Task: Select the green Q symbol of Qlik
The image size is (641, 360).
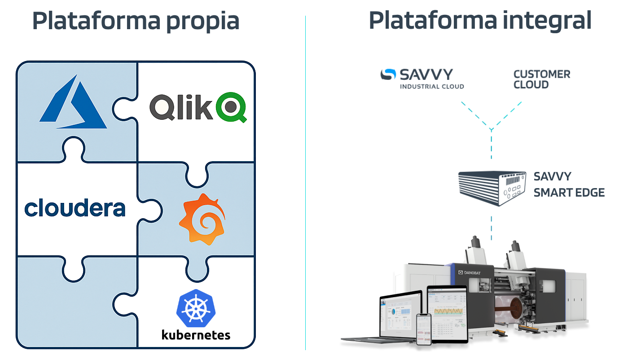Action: pos(231,108)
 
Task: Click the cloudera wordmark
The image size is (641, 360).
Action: pos(75,208)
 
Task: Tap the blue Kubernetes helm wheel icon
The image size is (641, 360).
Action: pos(196,308)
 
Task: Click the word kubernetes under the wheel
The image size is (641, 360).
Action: pos(196,334)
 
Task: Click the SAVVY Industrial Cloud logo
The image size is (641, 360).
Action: pos(422,79)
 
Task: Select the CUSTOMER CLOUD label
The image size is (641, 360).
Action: pos(541,79)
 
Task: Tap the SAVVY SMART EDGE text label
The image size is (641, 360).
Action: pos(569,184)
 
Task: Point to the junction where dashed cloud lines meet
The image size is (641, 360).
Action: pos(492,130)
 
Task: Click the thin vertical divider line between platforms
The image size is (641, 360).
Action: pos(305,180)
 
